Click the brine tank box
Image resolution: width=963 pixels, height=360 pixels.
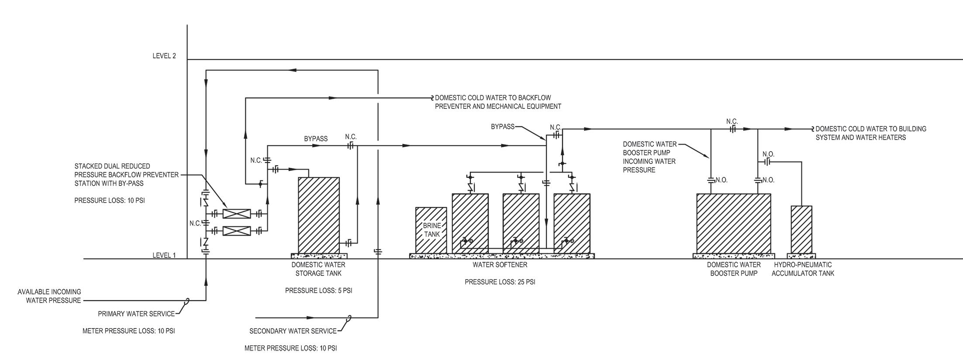431,230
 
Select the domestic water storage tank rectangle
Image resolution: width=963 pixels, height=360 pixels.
318,215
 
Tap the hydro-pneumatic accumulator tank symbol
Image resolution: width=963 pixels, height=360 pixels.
801,229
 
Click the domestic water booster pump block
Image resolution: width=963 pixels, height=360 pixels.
733,223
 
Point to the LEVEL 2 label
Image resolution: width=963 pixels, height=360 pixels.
164,56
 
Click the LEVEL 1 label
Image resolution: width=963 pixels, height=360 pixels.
164,255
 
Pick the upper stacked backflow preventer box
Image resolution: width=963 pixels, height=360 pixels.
237,214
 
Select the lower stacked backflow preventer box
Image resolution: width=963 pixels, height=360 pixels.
237,231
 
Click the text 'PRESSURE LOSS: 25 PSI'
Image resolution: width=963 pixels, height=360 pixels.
500,282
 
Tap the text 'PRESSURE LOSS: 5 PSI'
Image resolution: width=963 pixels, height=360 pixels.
318,291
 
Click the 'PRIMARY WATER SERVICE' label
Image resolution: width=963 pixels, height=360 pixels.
136,314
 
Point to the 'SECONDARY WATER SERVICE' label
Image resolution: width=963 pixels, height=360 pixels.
293,331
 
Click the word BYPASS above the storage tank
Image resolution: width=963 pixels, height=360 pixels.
316,139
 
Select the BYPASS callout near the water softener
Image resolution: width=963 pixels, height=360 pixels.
503,127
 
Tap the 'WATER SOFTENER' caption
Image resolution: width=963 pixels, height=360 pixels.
500,265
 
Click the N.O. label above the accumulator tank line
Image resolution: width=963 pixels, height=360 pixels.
768,154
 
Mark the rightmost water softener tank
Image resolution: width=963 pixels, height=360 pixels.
572,223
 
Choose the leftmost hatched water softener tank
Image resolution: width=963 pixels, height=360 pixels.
470,223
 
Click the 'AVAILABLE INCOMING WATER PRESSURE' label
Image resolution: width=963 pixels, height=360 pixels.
49,296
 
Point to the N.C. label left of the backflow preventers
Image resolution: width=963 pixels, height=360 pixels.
195,223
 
